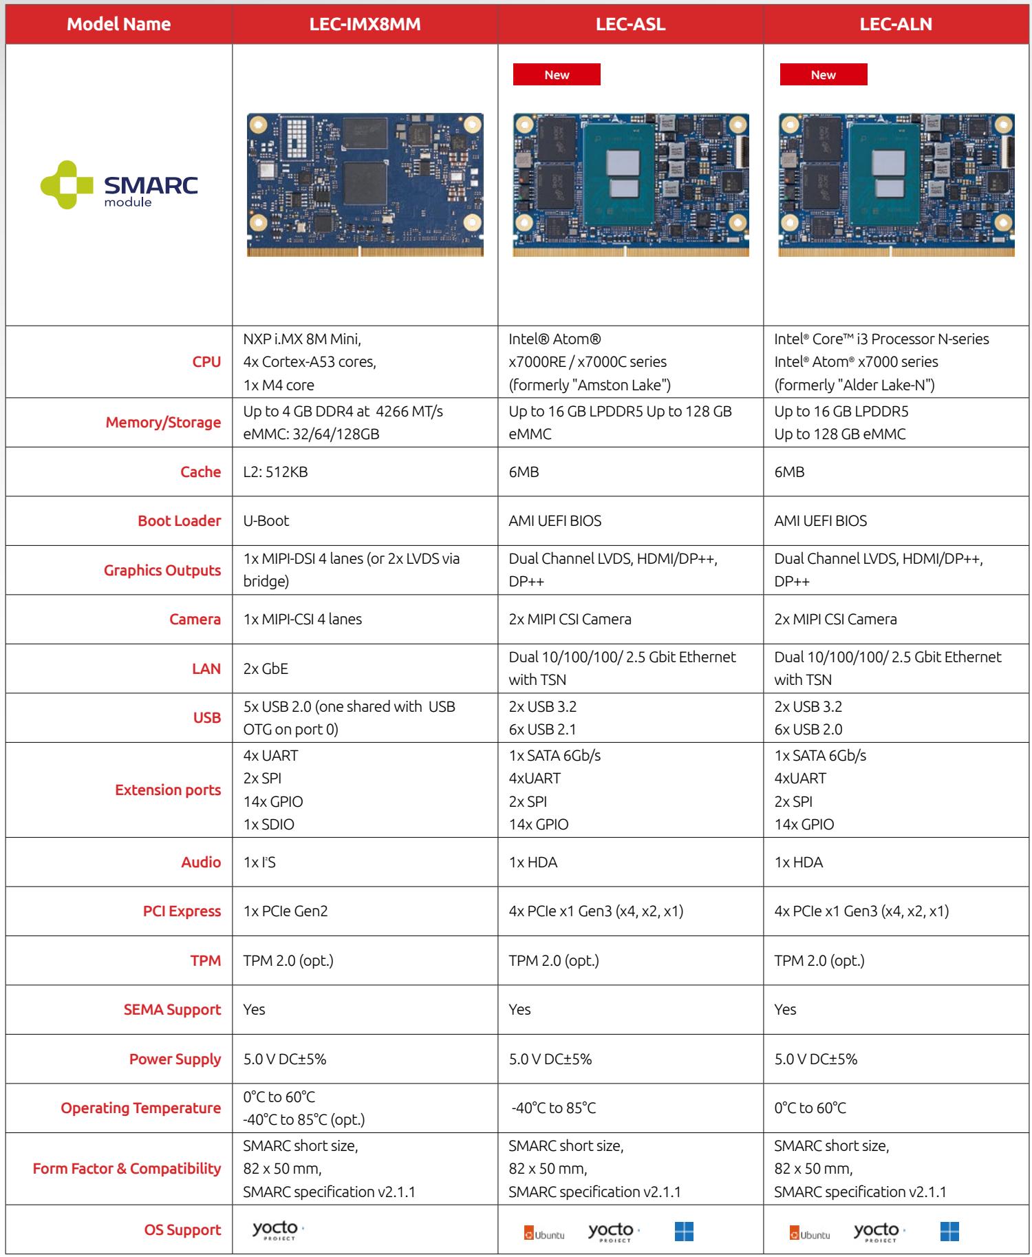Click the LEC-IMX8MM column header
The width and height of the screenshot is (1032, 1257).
pos(365,24)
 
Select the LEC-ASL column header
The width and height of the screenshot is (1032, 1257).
pos(631,24)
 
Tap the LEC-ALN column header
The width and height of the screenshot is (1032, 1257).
pos(896,24)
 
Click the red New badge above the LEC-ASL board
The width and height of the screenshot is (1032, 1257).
pos(557,74)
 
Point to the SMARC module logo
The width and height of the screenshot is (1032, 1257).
pos(119,185)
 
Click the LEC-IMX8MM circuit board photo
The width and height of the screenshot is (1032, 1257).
pos(365,185)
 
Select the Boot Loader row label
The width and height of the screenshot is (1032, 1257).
pos(180,521)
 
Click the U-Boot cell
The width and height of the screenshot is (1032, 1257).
pos(266,521)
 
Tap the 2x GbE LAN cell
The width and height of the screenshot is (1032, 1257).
pos(266,668)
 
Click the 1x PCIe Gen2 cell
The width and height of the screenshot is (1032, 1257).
pos(286,911)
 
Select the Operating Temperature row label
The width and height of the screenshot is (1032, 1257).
pos(141,1108)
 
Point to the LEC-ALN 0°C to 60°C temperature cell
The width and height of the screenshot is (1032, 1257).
pos(810,1108)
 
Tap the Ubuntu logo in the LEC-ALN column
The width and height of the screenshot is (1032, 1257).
pos(810,1234)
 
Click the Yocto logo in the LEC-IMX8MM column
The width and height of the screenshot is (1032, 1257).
pos(277,1230)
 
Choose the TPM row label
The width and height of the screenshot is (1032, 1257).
pos(206,961)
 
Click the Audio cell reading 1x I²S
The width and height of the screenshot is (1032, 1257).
pos(259,863)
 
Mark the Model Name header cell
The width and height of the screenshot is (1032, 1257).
pos(119,24)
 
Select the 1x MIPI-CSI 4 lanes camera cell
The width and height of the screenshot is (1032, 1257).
pos(303,620)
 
